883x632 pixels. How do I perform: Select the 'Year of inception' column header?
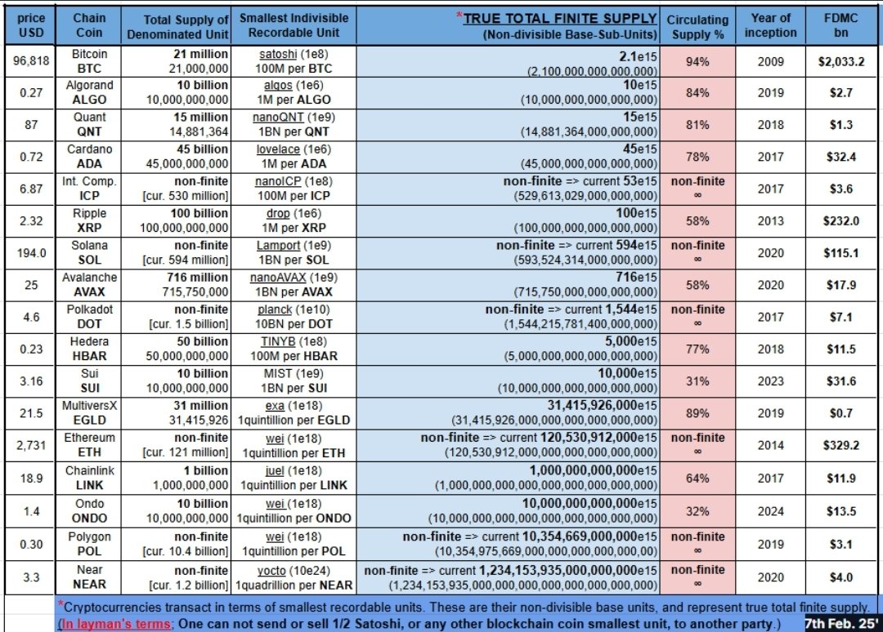770,25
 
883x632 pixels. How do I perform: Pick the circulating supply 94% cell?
697,61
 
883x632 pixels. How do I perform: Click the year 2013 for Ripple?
770,220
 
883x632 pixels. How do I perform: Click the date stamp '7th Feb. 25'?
841,622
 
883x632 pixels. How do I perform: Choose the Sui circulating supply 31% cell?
697,381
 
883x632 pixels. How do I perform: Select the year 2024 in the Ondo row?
770,511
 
